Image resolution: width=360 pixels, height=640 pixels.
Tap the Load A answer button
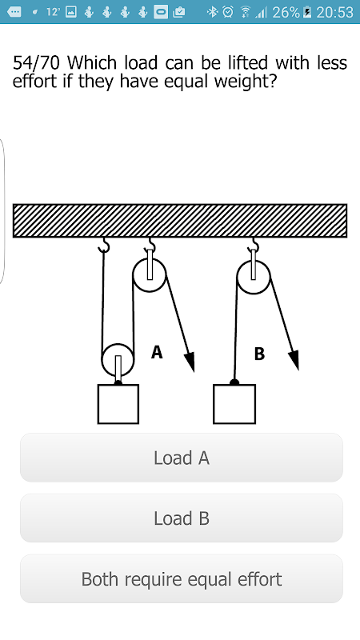pyautogui.click(x=182, y=458)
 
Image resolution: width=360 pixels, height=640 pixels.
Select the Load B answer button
pyautogui.click(x=182, y=518)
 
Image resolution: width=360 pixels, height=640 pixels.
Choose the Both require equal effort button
pyautogui.click(x=182, y=578)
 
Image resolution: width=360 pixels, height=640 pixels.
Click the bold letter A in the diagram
pyautogui.click(x=157, y=352)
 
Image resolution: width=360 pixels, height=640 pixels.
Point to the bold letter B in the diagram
pyautogui.click(x=259, y=354)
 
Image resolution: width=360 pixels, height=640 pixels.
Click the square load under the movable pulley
pyautogui.click(x=118, y=404)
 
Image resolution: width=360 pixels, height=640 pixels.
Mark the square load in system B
pyautogui.click(x=234, y=404)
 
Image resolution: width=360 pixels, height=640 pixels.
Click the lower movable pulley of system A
pyautogui.click(x=118, y=359)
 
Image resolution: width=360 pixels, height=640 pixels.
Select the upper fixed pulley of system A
pyautogui.click(x=150, y=275)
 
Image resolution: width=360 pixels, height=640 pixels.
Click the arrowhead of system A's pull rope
pyautogui.click(x=190, y=362)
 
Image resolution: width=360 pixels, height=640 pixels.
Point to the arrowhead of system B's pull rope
pyautogui.click(x=294, y=360)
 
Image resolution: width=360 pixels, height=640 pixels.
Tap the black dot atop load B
pyautogui.click(x=234, y=382)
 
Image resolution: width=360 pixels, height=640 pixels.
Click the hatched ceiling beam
pyautogui.click(x=180, y=221)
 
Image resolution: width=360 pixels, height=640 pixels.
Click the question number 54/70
pyautogui.click(x=36, y=63)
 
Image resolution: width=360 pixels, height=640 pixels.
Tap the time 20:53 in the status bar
pyautogui.click(x=334, y=12)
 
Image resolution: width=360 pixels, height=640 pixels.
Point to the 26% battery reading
pyautogui.click(x=286, y=12)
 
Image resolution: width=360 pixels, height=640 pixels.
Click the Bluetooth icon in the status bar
pyautogui.click(x=212, y=12)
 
